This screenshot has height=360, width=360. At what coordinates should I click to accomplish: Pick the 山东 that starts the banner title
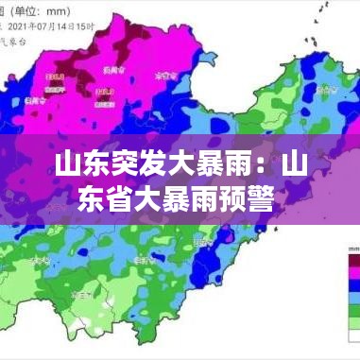pyautogui.click(x=77, y=168)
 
